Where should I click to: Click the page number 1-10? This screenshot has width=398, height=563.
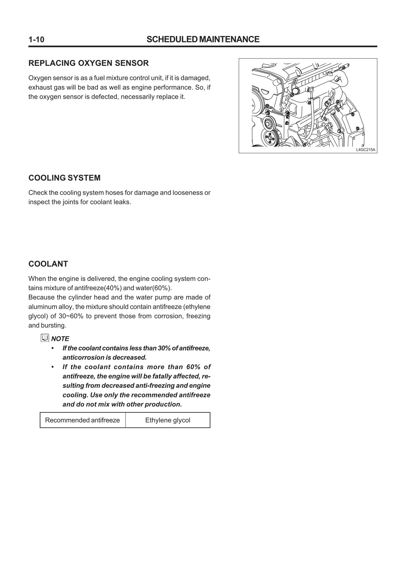point(36,39)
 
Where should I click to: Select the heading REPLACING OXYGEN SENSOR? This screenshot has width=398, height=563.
point(89,63)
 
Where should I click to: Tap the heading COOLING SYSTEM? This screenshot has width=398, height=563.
point(65,178)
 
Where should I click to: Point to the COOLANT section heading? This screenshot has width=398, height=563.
point(48,264)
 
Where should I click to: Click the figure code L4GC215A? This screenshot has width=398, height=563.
point(365,150)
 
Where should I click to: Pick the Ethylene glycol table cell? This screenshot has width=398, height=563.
point(168,420)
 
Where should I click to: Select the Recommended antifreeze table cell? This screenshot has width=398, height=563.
point(82,420)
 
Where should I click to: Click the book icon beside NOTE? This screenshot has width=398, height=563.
point(45,338)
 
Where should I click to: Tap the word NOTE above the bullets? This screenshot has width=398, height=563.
point(60,339)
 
